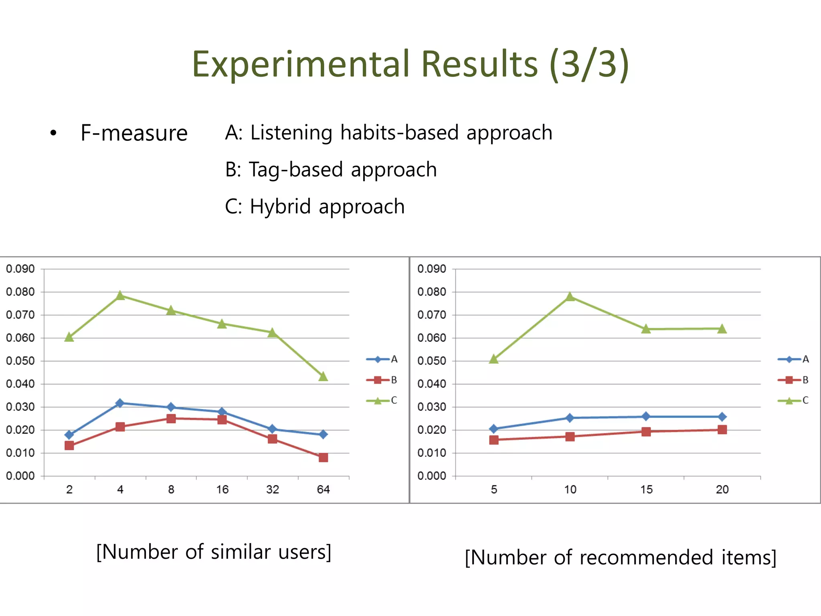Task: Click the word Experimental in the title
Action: click(x=301, y=64)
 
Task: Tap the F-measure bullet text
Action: click(x=134, y=133)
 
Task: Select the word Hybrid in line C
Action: click(x=280, y=207)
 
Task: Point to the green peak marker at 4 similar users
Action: click(x=120, y=296)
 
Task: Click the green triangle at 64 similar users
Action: click(x=323, y=377)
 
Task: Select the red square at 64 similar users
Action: click(x=323, y=458)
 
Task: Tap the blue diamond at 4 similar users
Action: click(x=120, y=403)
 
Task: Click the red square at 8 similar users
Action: click(x=171, y=419)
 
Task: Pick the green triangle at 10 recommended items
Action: click(x=570, y=297)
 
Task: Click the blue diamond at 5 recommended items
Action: click(x=494, y=429)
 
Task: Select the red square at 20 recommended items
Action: click(x=722, y=430)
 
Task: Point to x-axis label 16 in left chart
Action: click(x=222, y=489)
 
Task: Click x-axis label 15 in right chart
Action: click(x=646, y=489)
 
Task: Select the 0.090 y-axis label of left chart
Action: click(x=20, y=269)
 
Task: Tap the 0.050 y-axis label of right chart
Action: click(x=431, y=361)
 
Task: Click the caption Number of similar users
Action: click(x=214, y=552)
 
